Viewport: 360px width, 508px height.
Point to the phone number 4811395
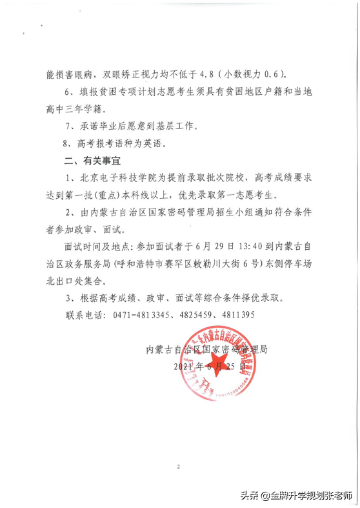(x=235, y=314)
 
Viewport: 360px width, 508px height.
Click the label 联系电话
(x=86, y=314)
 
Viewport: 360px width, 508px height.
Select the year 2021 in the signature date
(x=186, y=366)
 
